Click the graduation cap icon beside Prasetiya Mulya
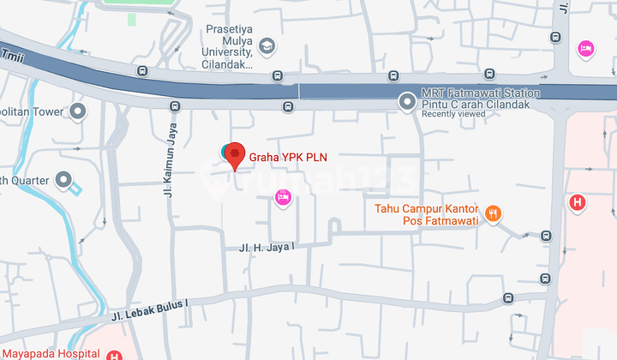pos(267,45)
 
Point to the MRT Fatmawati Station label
pos(481,93)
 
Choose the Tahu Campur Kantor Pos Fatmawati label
pos(426,214)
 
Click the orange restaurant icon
pos(492,214)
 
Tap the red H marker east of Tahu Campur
pos(578,203)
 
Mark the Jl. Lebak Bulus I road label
pos(148,310)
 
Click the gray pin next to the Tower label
pos(79,111)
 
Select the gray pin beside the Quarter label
pos(63,180)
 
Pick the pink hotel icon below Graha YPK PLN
pos(283,198)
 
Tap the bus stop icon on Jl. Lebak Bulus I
pos(508,298)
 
